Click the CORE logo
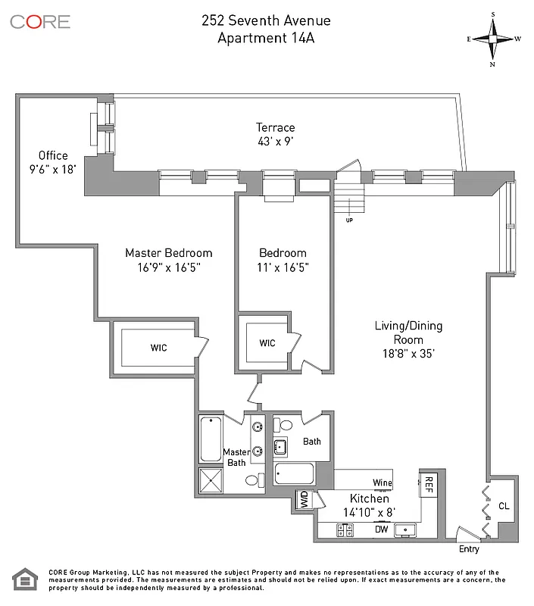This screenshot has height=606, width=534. coord(40,21)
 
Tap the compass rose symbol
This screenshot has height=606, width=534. coord(493,39)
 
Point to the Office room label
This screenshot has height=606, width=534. coord(53,156)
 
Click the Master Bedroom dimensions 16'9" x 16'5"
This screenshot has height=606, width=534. coord(168,267)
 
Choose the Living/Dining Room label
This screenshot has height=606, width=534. coord(408,333)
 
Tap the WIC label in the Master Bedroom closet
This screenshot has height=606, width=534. coord(158,348)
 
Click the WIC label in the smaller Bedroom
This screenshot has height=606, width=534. coord(267,343)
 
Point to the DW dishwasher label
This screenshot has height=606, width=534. coord(382,530)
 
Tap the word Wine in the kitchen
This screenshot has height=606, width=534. coord(382,483)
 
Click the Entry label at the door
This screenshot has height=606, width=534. coord(469,548)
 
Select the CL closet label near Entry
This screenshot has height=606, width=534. coord(504,506)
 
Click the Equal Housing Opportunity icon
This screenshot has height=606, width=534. coord(25,580)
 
